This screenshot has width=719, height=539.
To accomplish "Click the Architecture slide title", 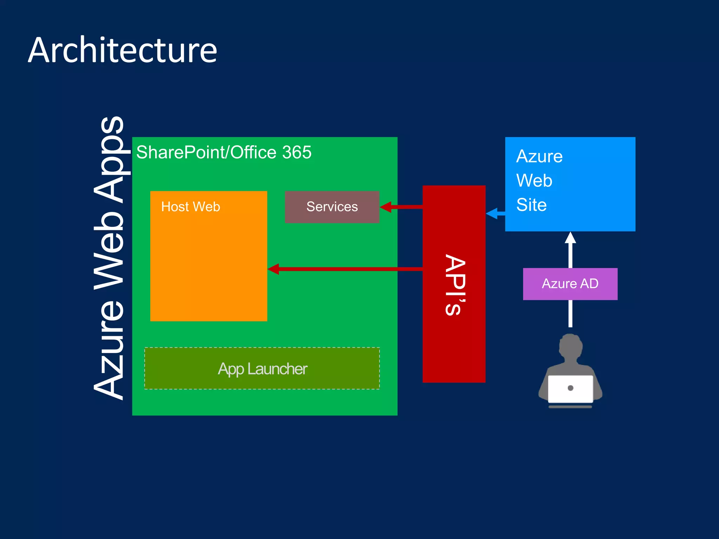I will [123, 51].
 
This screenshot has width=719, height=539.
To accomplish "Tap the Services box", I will [332, 207].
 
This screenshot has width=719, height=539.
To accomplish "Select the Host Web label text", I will [190, 207].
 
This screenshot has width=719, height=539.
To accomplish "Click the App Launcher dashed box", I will [262, 368].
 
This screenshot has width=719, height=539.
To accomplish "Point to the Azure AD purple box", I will [570, 284].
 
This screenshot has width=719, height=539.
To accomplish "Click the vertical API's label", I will [455, 284].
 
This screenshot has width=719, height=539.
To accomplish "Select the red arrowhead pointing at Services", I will [385, 207].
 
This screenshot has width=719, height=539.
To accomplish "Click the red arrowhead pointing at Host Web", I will [273, 269].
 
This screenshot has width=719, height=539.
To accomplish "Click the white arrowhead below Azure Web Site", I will [570, 238].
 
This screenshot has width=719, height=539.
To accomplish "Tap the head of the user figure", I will [570, 346].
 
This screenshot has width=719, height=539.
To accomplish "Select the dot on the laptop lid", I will [570, 388].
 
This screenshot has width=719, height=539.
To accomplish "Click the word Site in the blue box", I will [531, 205].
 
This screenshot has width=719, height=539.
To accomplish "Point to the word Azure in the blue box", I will [539, 156].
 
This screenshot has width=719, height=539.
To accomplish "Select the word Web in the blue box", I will [534, 180].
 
